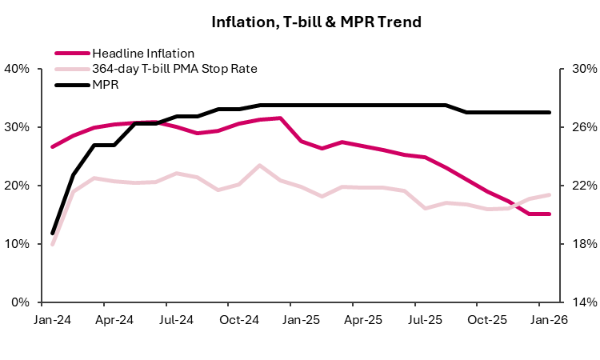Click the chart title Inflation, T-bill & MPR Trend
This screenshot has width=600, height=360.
316,22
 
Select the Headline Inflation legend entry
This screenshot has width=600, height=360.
137,54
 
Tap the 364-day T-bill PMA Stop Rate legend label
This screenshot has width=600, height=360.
174,69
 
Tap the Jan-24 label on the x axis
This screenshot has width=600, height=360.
52,319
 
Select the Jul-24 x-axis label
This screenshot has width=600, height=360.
176,319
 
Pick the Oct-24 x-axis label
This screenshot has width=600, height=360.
238,319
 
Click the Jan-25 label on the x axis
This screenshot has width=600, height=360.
301,319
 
